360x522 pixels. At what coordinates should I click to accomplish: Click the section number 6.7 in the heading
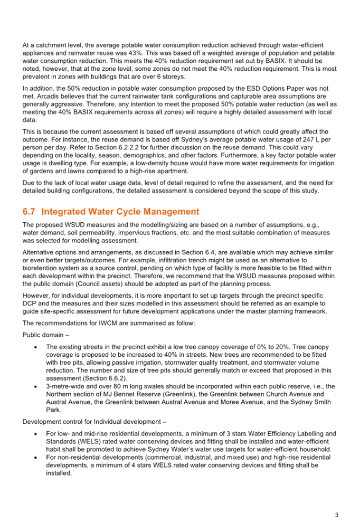(29, 212)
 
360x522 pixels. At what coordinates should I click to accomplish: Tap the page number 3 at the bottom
(336, 515)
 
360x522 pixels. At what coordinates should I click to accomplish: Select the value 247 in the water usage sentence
(308, 139)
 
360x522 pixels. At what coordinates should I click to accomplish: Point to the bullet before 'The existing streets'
(36, 347)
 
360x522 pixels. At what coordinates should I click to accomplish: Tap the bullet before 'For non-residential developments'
(36, 458)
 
